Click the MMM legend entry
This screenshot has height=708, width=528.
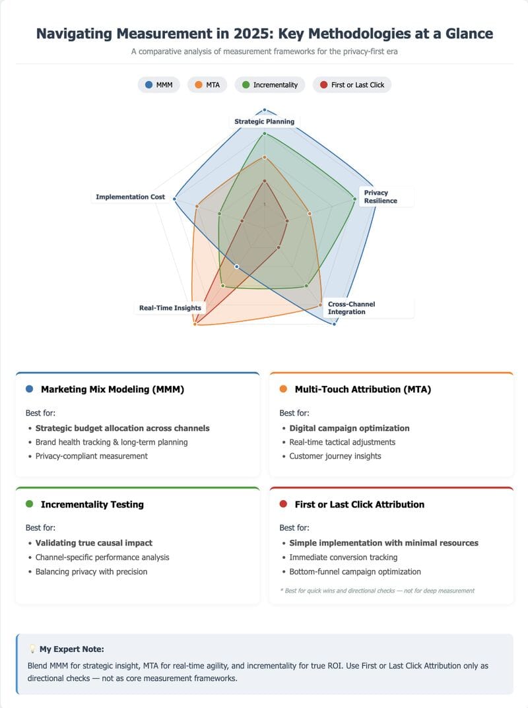tap(159, 85)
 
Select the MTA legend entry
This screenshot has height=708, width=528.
tap(207, 85)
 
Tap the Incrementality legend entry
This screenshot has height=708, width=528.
tap(270, 85)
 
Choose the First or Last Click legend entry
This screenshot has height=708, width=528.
tap(352, 85)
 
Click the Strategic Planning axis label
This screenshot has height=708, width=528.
tap(264, 121)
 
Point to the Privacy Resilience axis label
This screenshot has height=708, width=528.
tap(381, 197)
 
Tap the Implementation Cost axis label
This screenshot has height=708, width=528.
tap(130, 197)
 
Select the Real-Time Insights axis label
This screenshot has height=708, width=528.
tap(170, 308)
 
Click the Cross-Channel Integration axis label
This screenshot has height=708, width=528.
tap(351, 308)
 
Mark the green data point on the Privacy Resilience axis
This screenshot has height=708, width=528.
tap(354, 199)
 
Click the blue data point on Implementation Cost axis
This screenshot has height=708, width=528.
tap(175, 199)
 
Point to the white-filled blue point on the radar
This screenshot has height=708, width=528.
tap(237, 267)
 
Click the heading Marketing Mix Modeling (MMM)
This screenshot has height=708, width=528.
tap(112, 389)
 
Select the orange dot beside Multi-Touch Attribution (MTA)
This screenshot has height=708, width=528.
tap(283, 389)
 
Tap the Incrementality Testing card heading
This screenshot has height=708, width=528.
tap(92, 504)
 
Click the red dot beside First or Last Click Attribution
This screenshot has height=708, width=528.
tap(283, 504)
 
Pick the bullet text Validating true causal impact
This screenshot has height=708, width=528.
tap(94, 543)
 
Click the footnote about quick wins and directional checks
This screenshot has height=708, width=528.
tap(378, 591)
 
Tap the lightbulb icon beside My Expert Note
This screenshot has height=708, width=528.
tap(32, 649)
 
